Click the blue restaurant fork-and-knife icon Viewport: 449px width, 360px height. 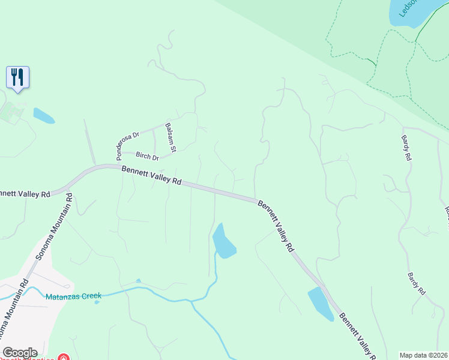point(17,77)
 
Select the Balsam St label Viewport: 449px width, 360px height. point(170,137)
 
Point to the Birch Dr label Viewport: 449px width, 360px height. point(147,157)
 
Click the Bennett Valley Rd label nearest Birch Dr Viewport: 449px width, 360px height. point(151,175)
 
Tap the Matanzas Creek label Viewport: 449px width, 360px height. point(74,296)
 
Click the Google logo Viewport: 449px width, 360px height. point(20,353)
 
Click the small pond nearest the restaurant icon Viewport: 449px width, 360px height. point(43,115)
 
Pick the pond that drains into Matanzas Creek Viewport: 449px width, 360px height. point(224,241)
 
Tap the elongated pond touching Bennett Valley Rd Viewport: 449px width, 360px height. point(321,304)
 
